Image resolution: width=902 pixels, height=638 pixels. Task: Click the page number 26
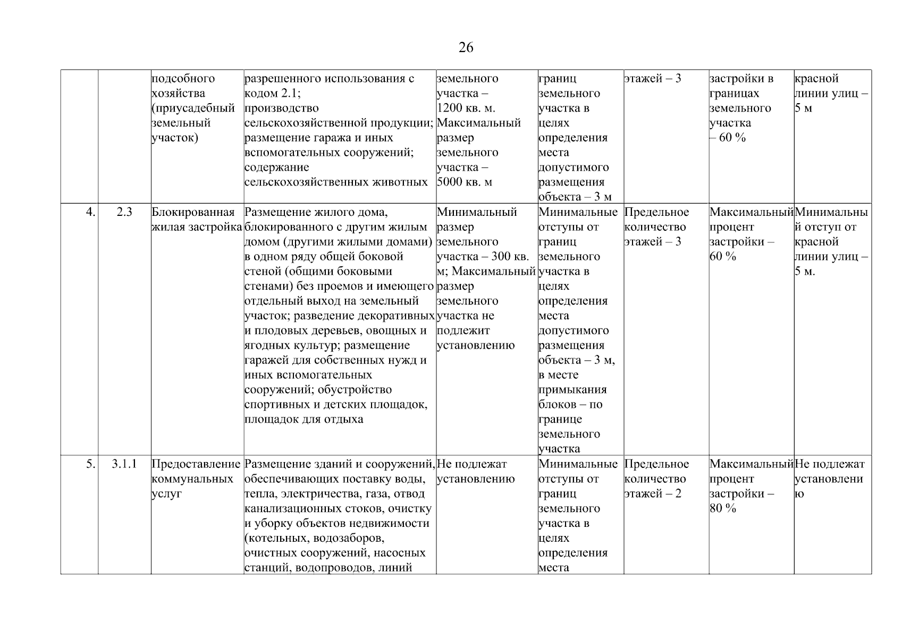click(x=466, y=48)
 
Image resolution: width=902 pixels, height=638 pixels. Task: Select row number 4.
click(x=91, y=212)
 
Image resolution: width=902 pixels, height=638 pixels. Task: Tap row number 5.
click(x=91, y=464)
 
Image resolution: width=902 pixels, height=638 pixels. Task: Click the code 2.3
click(x=124, y=212)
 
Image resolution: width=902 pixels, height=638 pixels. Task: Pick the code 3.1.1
click(x=124, y=464)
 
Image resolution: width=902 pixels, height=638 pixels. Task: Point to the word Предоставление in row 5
click(x=196, y=464)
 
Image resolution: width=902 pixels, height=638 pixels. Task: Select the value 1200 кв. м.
click(x=466, y=108)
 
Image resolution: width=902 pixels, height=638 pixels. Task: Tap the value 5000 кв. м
click(x=464, y=182)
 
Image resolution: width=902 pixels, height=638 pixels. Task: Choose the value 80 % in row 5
click(x=723, y=509)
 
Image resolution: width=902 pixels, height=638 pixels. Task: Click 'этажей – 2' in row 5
click(x=653, y=494)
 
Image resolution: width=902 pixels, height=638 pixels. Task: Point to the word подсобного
click(x=183, y=79)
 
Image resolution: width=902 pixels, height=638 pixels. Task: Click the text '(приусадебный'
click(x=193, y=108)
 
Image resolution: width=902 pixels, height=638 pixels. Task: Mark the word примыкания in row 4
click(x=572, y=390)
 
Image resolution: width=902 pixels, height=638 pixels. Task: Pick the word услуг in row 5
click(x=166, y=494)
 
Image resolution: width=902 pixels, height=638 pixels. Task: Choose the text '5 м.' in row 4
click(x=805, y=272)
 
